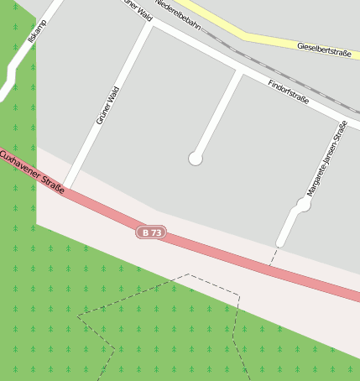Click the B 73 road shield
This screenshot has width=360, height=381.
point(149,232)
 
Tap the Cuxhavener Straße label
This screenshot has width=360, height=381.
point(32,172)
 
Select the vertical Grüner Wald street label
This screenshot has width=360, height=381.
point(108,106)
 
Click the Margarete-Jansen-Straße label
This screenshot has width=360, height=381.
point(326,159)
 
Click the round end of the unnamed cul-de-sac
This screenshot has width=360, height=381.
point(196,158)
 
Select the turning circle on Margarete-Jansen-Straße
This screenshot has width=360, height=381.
point(304,204)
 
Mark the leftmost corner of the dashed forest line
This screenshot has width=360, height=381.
point(78,316)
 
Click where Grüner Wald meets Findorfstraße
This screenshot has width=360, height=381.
point(152,24)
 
